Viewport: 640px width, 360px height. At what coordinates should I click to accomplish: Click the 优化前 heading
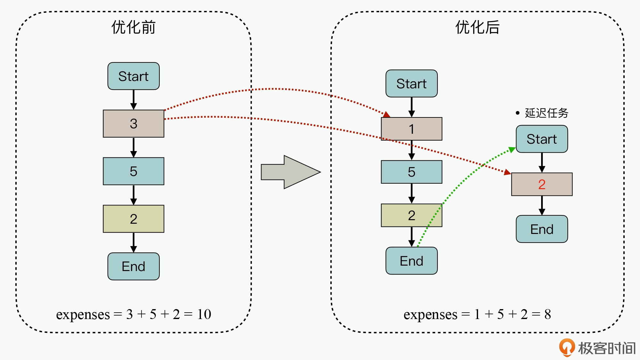click(133, 27)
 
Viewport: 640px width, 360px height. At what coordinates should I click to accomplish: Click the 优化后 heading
click(477, 27)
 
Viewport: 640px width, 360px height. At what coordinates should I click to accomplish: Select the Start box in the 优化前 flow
click(133, 76)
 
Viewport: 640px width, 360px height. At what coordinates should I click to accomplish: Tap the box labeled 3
click(133, 124)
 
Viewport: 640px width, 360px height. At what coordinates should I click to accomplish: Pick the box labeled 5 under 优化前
click(133, 171)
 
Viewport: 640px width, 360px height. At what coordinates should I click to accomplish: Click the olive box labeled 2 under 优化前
click(133, 219)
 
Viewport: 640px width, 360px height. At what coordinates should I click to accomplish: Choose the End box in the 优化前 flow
click(133, 266)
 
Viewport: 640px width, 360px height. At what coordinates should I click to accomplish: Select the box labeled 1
click(412, 129)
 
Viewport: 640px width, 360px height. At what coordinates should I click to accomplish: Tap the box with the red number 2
click(542, 184)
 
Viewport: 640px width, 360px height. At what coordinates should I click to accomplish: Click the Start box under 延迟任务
click(542, 139)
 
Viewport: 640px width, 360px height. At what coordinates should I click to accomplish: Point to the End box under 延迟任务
click(542, 229)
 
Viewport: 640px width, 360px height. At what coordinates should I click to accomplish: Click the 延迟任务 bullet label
click(546, 113)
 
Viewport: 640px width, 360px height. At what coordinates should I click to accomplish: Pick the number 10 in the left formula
click(204, 314)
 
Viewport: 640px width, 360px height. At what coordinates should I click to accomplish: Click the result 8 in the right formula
click(548, 314)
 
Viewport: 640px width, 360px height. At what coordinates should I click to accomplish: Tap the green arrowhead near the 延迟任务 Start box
click(512, 149)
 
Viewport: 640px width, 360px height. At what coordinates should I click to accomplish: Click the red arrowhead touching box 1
click(387, 115)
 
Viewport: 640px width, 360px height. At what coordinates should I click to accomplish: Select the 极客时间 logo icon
click(567, 348)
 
